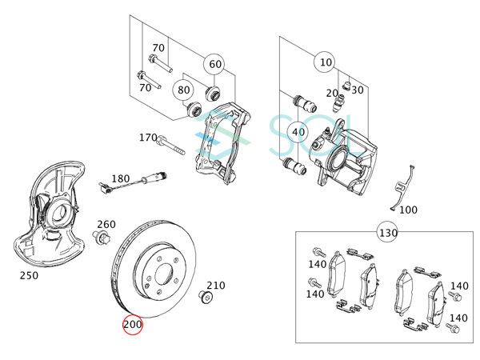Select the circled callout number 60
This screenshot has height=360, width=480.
tap(215, 64)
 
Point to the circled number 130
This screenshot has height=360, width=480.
tap(388, 233)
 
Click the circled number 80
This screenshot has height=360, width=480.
tap(184, 90)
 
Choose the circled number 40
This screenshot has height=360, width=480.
tap(298, 132)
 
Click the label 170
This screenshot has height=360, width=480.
tap(148, 138)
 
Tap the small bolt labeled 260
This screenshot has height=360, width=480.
tap(102, 238)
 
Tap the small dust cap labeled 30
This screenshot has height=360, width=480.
tap(347, 82)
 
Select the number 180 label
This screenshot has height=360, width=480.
tap(120, 178)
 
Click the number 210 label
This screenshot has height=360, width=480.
tap(216, 285)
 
